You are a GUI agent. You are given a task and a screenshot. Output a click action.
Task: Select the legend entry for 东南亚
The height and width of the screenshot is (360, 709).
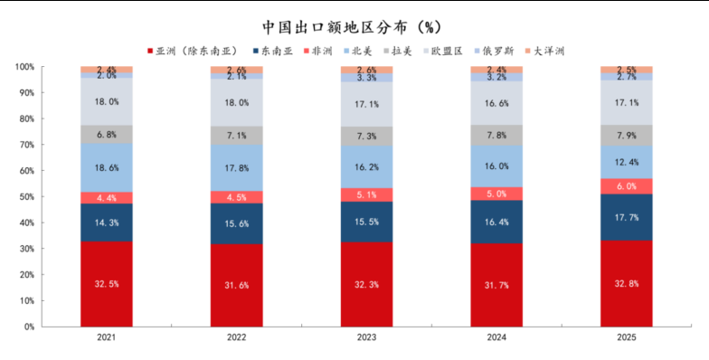click(x=273, y=52)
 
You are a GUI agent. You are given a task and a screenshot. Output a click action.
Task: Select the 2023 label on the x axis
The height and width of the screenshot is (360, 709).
click(x=367, y=337)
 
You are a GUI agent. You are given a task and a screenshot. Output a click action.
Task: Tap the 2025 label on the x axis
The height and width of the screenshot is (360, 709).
click(x=626, y=337)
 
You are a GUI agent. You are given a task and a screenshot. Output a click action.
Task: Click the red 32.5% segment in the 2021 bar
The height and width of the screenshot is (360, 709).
click(x=107, y=284)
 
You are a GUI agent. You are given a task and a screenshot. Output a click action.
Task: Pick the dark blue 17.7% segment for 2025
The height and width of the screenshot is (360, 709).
click(x=626, y=217)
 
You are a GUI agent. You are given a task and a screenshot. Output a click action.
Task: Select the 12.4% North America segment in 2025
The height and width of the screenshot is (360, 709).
click(x=626, y=162)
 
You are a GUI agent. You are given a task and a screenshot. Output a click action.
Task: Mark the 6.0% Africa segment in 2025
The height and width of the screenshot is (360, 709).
click(x=626, y=186)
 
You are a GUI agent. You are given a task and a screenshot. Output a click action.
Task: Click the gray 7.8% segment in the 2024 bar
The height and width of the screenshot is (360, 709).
click(x=496, y=135)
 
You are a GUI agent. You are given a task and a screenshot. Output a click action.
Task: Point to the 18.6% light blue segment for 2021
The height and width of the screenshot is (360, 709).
click(x=107, y=167)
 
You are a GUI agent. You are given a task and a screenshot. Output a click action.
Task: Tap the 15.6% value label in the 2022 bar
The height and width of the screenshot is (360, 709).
click(x=237, y=223)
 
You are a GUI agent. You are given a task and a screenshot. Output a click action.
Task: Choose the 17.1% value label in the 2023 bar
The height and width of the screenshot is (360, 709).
click(x=367, y=104)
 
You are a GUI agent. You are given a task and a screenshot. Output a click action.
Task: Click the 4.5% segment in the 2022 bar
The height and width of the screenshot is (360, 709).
click(x=237, y=197)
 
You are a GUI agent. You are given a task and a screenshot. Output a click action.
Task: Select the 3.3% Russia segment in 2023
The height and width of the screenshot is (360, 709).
click(x=367, y=78)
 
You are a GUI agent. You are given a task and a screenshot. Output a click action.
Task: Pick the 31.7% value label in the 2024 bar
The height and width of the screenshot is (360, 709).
click(x=496, y=285)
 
